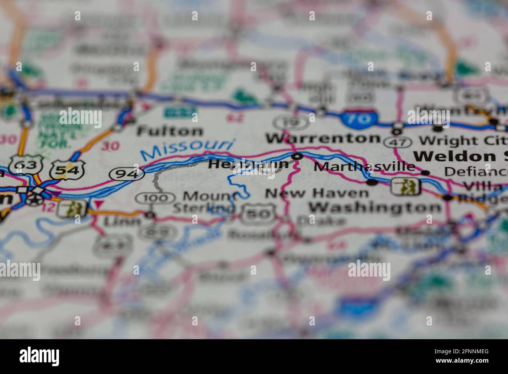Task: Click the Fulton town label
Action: pos(170,131)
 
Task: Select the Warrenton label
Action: pos(322,138)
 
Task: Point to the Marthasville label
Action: pos(364,167)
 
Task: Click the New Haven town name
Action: pos(317,193)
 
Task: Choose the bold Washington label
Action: pos(375,207)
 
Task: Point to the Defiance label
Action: pos(475,171)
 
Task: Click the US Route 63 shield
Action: pos(25,166)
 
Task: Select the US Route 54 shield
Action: pos(67,169)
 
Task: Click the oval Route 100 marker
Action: pos(155,198)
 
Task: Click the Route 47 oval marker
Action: pos(398,142)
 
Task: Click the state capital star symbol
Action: pos(34,199)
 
